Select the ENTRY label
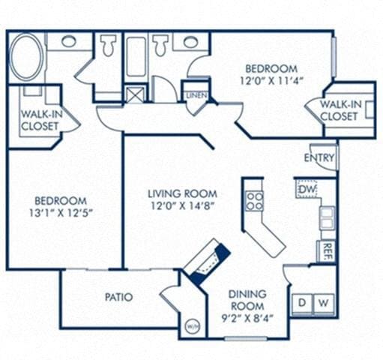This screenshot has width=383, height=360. point(319,157)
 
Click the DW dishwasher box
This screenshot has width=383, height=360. point(306,190)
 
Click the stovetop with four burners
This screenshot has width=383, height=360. point(255,200)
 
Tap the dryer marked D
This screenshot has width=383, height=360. point(303,302)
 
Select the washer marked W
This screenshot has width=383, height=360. point(323,302)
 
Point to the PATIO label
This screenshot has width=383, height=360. point(119,297)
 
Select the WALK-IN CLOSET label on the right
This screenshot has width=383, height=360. point(340,110)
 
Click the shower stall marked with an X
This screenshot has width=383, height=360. point(136,95)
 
